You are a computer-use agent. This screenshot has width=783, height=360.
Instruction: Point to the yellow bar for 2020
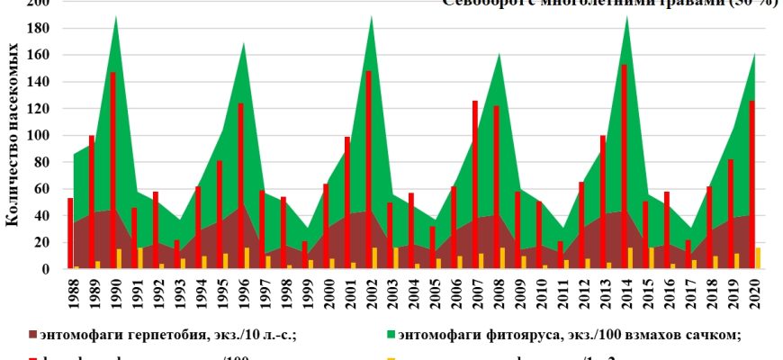click(x=758, y=258)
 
